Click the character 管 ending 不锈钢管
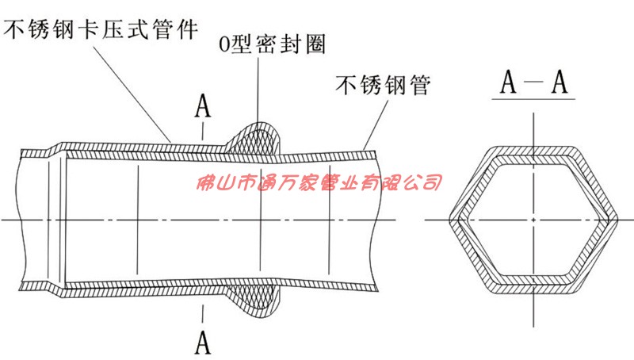click(x=419, y=85)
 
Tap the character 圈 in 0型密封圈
click(x=315, y=44)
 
